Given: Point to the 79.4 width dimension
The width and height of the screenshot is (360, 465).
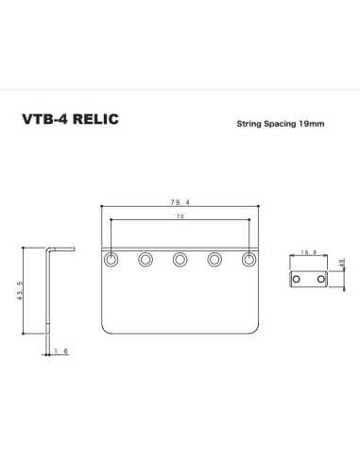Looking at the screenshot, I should pos(180,202).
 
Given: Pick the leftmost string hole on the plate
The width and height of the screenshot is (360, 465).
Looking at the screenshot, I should pos(112,259).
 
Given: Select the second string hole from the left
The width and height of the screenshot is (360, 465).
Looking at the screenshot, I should pos(146,259).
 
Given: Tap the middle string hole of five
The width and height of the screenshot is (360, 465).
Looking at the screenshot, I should pos(180,259).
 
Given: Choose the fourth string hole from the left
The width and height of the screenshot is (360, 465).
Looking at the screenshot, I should pos(214,259).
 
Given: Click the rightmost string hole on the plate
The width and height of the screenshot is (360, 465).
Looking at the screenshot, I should pos(249,259).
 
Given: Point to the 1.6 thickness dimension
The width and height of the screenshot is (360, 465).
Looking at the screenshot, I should pos(61,352).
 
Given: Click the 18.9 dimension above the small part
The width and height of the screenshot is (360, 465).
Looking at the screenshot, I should pos(307,252).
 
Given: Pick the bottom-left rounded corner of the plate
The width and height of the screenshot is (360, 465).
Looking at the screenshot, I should pos(104,331).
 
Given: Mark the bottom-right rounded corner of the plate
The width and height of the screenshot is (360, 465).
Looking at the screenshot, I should pos(257,331).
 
